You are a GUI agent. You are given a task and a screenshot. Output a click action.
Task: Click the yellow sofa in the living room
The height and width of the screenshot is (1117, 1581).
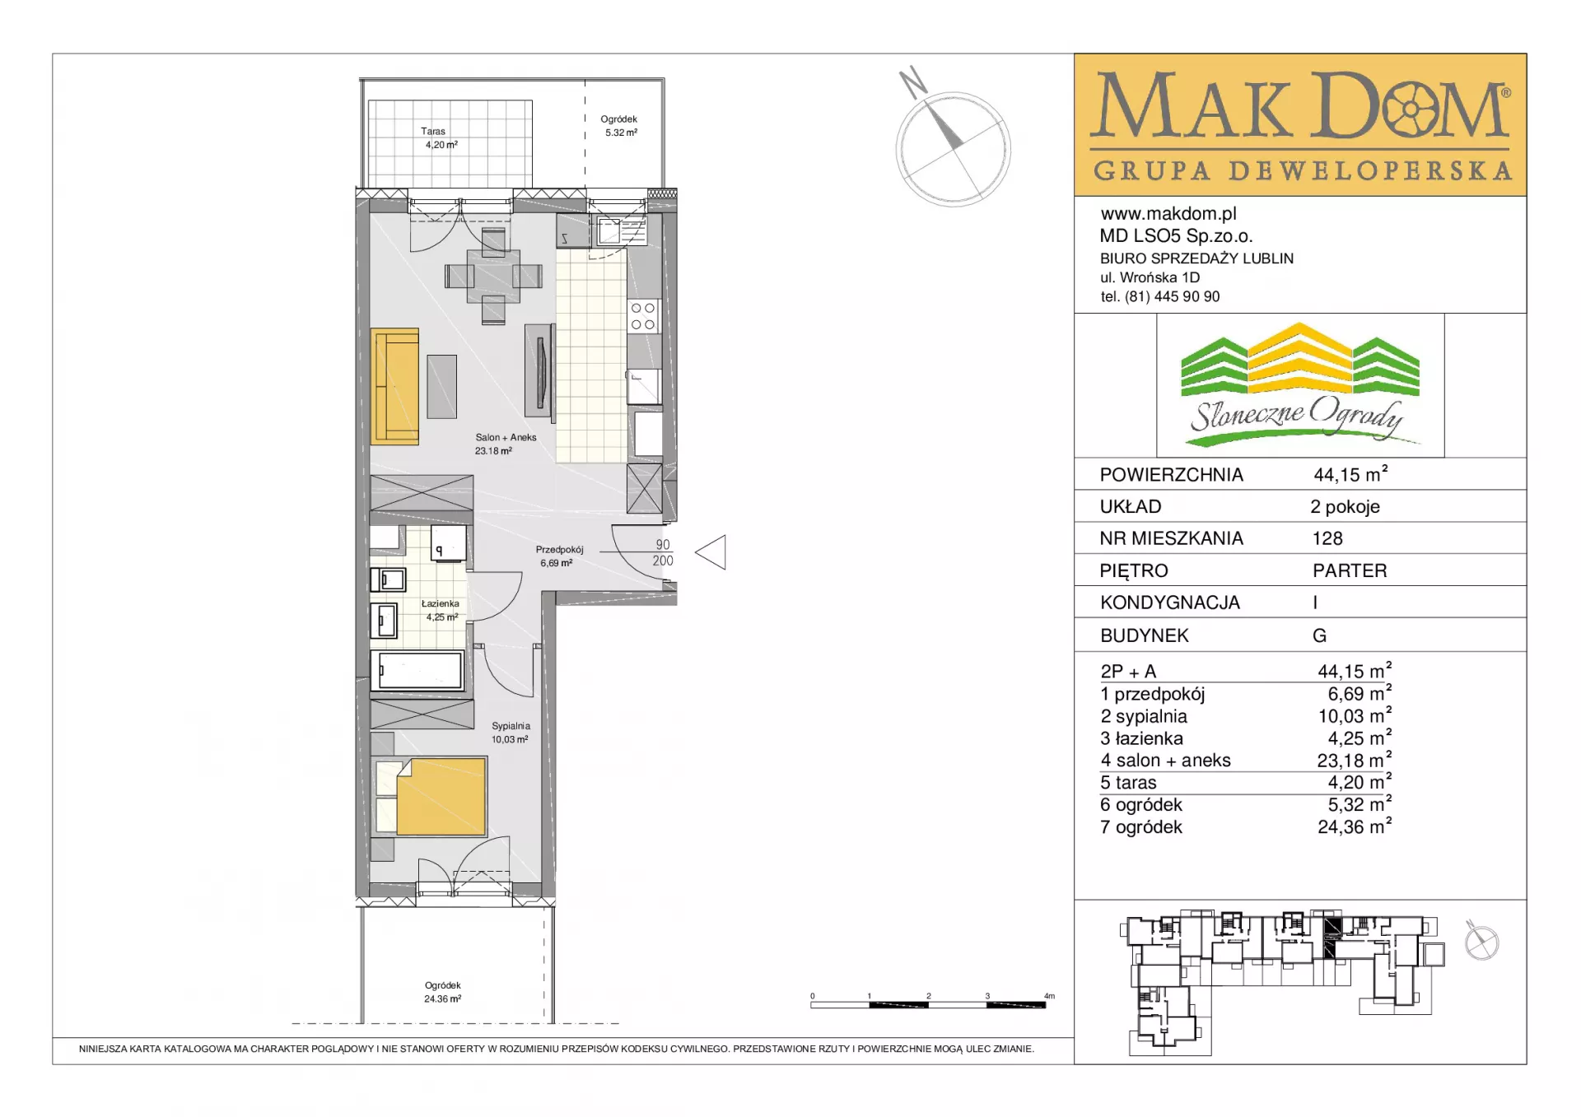pyautogui.click(x=394, y=386)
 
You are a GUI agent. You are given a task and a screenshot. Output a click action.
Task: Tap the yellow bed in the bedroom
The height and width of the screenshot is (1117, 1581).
pyautogui.click(x=441, y=797)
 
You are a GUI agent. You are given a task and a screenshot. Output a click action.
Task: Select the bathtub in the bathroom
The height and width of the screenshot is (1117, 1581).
pyautogui.click(x=417, y=670)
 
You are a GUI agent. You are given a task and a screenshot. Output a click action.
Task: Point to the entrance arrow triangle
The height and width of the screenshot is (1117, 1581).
pyautogui.click(x=711, y=552)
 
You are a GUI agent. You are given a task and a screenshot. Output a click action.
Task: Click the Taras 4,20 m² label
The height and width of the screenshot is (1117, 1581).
pyautogui.click(x=440, y=137)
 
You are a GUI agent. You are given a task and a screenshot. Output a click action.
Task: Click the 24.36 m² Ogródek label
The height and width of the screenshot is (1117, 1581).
pyautogui.click(x=442, y=992)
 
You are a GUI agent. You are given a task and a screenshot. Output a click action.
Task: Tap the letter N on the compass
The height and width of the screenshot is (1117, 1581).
pyautogui.click(x=913, y=81)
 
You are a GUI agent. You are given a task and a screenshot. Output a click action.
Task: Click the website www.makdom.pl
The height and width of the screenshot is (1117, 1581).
pyautogui.click(x=1168, y=214)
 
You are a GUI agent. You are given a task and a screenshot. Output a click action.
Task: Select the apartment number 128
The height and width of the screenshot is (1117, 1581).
pyautogui.click(x=1327, y=538)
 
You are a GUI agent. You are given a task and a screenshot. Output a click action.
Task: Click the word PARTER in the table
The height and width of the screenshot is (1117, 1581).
pyautogui.click(x=1350, y=570)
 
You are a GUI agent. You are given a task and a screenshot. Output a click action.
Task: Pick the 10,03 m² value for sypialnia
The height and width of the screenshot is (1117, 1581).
pyautogui.click(x=1355, y=715)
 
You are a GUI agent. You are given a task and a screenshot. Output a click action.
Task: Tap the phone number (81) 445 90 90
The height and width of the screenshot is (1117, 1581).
pyautogui.click(x=1173, y=296)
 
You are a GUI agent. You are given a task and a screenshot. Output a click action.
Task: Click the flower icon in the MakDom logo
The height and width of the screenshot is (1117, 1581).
pyautogui.click(x=1411, y=109)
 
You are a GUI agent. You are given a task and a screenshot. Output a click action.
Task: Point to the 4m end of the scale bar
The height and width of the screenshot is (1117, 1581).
pyautogui.click(x=1046, y=1004)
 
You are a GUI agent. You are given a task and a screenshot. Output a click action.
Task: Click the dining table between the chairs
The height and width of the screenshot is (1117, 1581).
pyautogui.click(x=493, y=275)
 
